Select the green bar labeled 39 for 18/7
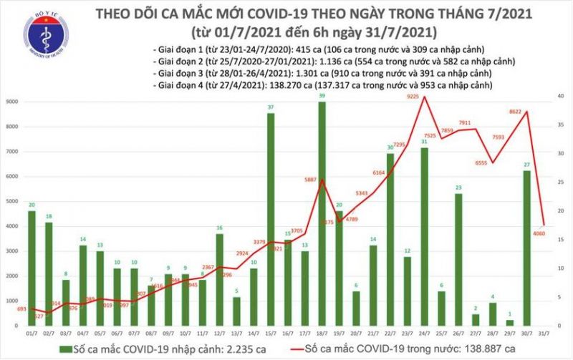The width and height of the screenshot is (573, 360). tap(322, 215)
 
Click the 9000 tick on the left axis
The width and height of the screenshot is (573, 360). tap(14, 102)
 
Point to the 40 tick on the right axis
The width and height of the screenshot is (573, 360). tap(561, 96)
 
